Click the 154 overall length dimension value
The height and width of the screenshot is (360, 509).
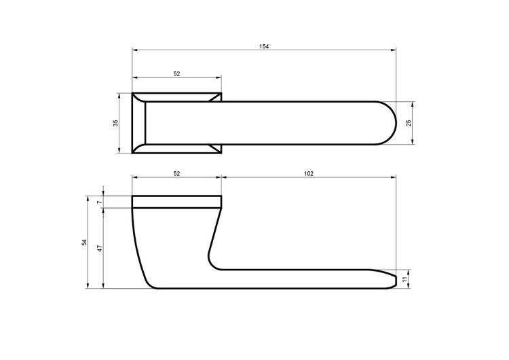(264, 46)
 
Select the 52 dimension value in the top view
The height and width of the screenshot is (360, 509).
(176, 74)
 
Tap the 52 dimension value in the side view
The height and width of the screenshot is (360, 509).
(176, 173)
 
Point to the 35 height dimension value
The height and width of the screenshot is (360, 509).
(115, 123)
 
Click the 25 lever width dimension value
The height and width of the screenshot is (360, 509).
(409, 123)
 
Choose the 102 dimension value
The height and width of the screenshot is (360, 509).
(309, 173)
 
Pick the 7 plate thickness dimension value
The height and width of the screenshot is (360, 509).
(100, 202)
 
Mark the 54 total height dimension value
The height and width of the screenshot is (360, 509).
(84, 242)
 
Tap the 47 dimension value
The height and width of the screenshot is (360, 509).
(100, 248)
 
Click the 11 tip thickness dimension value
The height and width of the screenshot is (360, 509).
(404, 278)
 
